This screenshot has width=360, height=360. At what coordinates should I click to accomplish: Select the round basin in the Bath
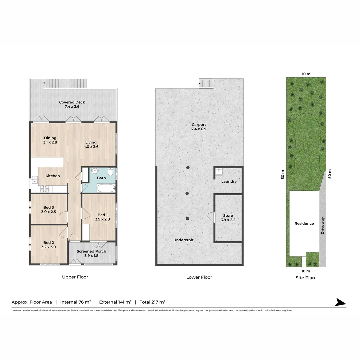(x=94, y=171)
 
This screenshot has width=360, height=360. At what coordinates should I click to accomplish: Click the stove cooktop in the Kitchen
(x=45, y=189)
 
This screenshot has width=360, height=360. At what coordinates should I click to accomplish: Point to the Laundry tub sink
(x=218, y=172)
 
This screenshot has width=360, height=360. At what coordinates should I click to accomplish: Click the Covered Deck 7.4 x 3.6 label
(x=72, y=105)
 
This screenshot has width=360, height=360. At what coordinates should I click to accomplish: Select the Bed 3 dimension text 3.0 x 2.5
(x=48, y=212)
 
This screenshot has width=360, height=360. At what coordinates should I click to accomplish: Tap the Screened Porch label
(x=91, y=251)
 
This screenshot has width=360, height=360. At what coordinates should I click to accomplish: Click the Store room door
(x=211, y=217)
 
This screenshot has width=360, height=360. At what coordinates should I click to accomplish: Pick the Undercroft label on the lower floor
(x=183, y=240)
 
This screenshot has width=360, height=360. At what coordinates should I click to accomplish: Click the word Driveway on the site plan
(x=322, y=226)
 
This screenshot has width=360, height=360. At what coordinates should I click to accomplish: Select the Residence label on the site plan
(x=304, y=224)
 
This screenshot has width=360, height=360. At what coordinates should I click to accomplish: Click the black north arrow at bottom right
(x=340, y=302)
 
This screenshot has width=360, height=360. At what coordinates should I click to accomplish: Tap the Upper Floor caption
(x=75, y=277)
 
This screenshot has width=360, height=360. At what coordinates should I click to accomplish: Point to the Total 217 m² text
(x=153, y=302)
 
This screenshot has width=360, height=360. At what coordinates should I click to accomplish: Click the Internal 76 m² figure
(x=76, y=302)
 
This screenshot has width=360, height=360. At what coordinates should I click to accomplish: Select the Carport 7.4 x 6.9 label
(x=199, y=127)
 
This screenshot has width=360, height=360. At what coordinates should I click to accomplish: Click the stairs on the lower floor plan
(x=206, y=83)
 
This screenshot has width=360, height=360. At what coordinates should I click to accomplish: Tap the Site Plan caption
(x=305, y=278)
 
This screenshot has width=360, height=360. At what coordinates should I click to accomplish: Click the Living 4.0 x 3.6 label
(x=91, y=144)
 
